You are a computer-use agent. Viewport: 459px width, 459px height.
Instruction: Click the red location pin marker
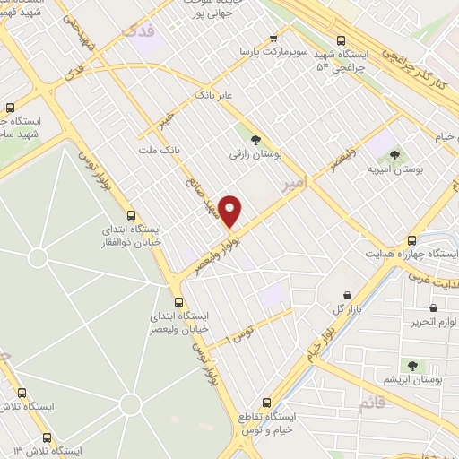point(230,211)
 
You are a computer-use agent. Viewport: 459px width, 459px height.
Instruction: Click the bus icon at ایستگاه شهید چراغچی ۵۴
point(341,39)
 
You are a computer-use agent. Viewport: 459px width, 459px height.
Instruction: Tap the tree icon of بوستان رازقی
point(255,139)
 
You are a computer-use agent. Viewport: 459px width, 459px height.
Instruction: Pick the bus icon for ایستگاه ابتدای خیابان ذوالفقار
point(132,215)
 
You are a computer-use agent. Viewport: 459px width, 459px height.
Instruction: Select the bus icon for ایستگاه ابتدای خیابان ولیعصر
point(178,302)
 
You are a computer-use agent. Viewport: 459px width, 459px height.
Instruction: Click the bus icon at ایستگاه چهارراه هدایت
point(411,240)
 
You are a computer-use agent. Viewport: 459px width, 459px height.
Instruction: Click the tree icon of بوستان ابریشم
point(411,366)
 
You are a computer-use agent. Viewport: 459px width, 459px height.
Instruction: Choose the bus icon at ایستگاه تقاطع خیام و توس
point(265,403)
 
